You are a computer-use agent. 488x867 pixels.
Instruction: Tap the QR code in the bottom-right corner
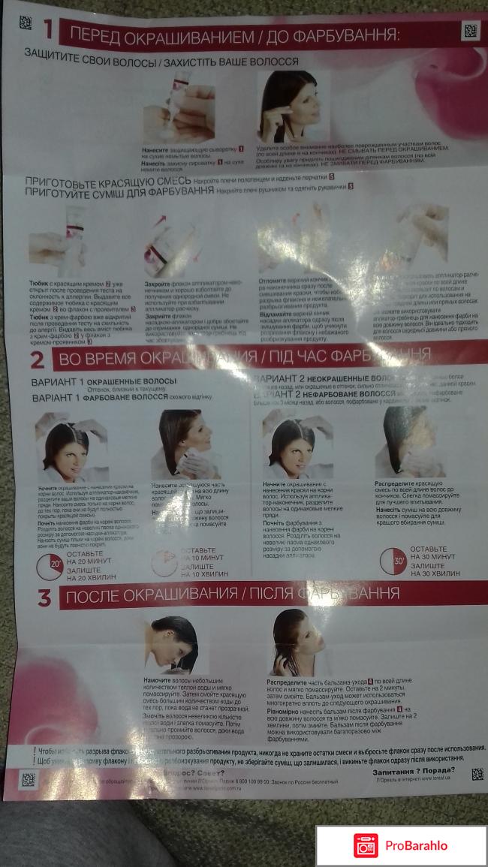[x=477, y=773]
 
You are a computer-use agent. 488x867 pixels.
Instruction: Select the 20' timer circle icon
[x=56, y=561]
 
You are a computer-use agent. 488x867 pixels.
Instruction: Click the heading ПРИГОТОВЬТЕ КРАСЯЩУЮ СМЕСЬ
[x=105, y=182]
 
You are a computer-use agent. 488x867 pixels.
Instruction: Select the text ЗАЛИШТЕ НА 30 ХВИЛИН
[x=435, y=568]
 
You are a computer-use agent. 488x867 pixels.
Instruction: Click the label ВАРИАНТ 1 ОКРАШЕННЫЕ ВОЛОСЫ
[x=101, y=383]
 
